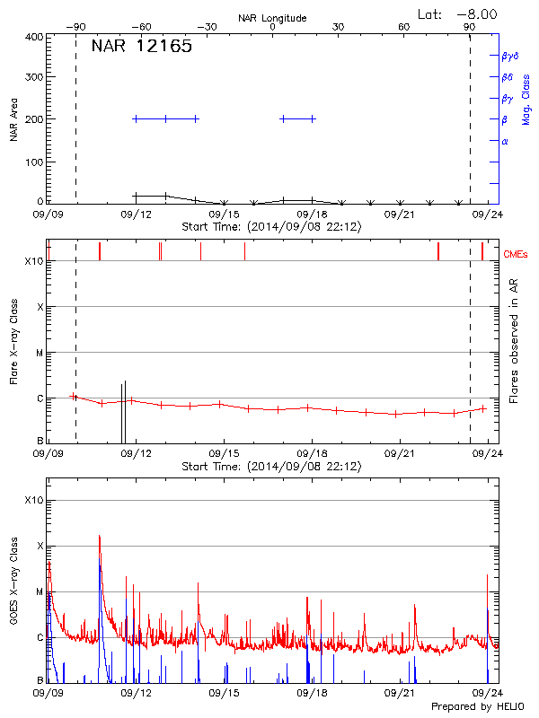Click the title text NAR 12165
click(142, 48)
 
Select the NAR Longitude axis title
click(272, 18)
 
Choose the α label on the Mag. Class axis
click(505, 141)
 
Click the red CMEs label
click(517, 256)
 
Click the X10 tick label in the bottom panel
click(34, 500)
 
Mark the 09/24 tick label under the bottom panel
click(487, 694)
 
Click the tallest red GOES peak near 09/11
click(99, 537)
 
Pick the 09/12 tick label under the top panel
click(136, 215)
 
